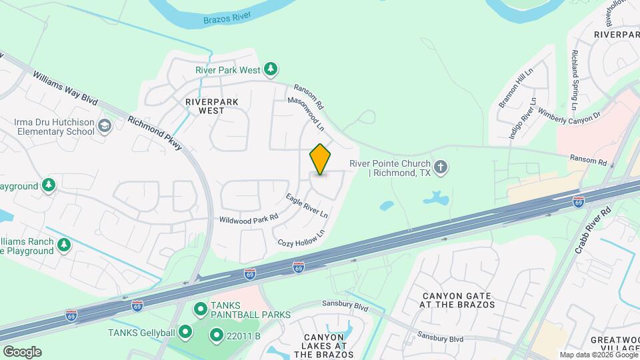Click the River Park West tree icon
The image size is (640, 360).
(x=270, y=69)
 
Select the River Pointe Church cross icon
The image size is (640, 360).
(x=440, y=167)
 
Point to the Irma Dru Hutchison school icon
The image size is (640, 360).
(x=104, y=126)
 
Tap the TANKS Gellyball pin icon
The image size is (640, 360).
(x=185, y=331)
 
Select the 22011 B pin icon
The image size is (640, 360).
(x=216, y=335)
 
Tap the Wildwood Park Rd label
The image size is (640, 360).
(x=248, y=218)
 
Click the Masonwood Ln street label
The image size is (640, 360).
(x=305, y=113)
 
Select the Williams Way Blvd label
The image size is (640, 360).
(x=65, y=89)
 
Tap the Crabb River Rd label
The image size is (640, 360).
(x=593, y=230)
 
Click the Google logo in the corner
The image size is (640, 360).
(x=22, y=351)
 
